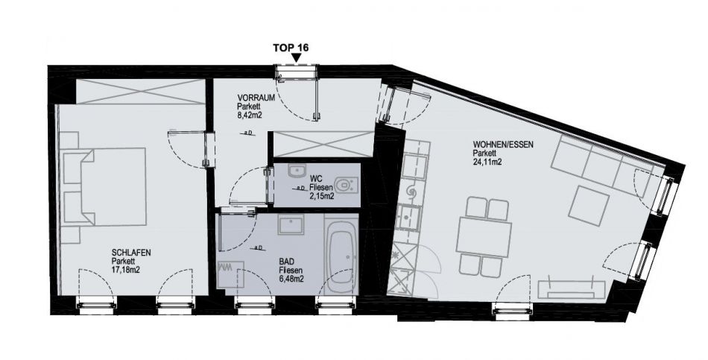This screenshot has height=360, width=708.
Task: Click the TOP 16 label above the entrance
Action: tap(291, 48)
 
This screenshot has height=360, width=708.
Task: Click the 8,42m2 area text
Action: tap(250, 116)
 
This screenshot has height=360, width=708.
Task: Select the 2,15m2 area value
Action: tap(322, 197)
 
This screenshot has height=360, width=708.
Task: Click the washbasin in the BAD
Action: tap(291, 224)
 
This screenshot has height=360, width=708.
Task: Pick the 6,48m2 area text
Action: tap(291, 280)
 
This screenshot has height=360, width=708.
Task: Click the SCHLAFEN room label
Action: tap(131, 253)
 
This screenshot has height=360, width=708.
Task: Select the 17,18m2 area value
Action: tap(125, 270)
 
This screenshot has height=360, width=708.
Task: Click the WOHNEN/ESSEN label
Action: tap(503, 145)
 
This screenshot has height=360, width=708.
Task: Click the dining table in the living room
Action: tap(484, 238)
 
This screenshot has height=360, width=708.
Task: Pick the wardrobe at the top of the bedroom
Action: tap(140, 92)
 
